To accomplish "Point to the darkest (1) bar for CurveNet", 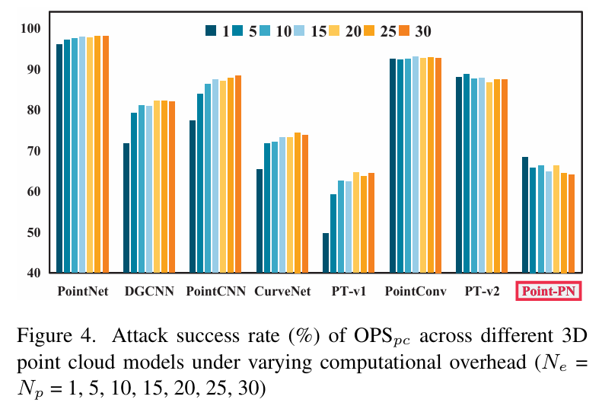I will [260, 221].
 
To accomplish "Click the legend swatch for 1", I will [211, 32].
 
